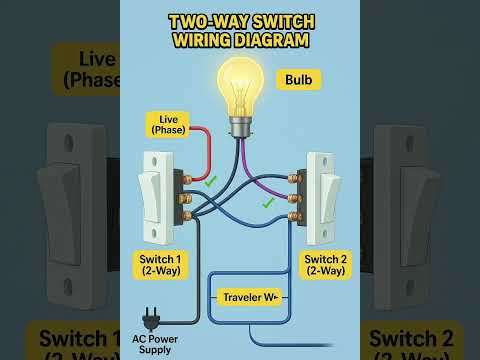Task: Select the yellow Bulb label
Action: [x=302, y=79]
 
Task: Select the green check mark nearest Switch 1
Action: [x=210, y=182]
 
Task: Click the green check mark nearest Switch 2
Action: [x=267, y=203]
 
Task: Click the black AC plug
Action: [x=152, y=318]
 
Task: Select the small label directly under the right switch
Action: [x=326, y=266]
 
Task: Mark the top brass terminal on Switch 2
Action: [x=294, y=178]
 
